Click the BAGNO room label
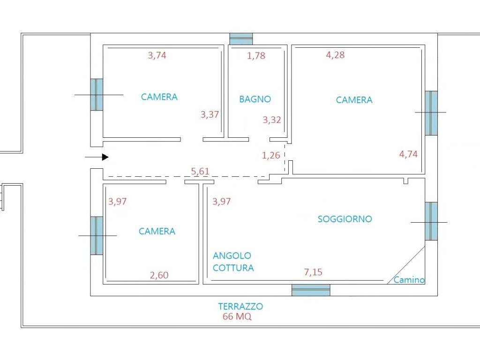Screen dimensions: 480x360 coord(255,99)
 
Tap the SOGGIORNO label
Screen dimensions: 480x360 coord(345,219)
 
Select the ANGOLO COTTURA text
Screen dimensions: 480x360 coord(233,262)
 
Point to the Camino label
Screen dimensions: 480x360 coord(409,280)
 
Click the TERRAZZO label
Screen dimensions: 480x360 coord(240,307)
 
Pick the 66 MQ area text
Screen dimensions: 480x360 coord(237,316)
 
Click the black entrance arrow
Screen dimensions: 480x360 coord(97,157)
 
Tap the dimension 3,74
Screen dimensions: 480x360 coord(157,55)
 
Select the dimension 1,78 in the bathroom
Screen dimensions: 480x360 coord(256,56)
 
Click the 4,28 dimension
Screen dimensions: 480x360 coord(336,55)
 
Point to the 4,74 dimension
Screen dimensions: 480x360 coord(408,154)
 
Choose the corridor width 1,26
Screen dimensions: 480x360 coord(271,155)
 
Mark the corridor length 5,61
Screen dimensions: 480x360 coord(200,171)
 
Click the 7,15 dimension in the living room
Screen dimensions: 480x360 coord(313,272)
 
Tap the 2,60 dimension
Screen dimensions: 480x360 coord(159,275)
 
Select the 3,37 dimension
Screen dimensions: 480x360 coord(210,114)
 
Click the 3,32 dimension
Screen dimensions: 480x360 coord(272,120)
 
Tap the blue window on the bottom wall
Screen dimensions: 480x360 coord(311,290)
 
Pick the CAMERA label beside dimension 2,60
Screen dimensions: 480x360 coord(157,231)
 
